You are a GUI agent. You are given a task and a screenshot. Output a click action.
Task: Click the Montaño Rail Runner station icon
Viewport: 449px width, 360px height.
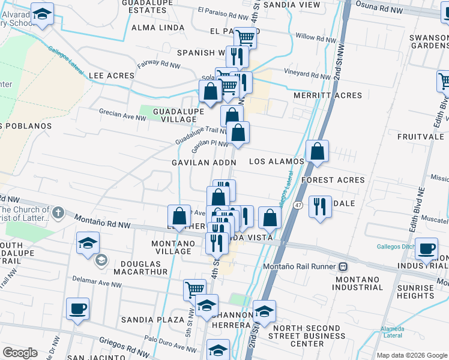(343, 266)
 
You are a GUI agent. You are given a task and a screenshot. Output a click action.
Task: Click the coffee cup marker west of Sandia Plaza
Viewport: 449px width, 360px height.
(78, 309)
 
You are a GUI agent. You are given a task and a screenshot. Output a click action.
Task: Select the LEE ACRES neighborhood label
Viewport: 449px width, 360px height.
(110, 76)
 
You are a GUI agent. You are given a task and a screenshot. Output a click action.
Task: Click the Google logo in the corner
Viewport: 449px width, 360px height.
(20, 353)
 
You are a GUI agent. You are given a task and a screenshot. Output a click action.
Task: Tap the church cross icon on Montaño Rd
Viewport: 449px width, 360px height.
(58, 212)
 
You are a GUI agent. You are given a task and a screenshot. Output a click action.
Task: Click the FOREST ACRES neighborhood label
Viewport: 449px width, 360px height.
(333, 180)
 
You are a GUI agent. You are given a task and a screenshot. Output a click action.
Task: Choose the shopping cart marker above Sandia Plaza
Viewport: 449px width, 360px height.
(194, 290)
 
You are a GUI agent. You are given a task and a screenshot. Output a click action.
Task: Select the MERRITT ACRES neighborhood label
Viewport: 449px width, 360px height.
(328, 95)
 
